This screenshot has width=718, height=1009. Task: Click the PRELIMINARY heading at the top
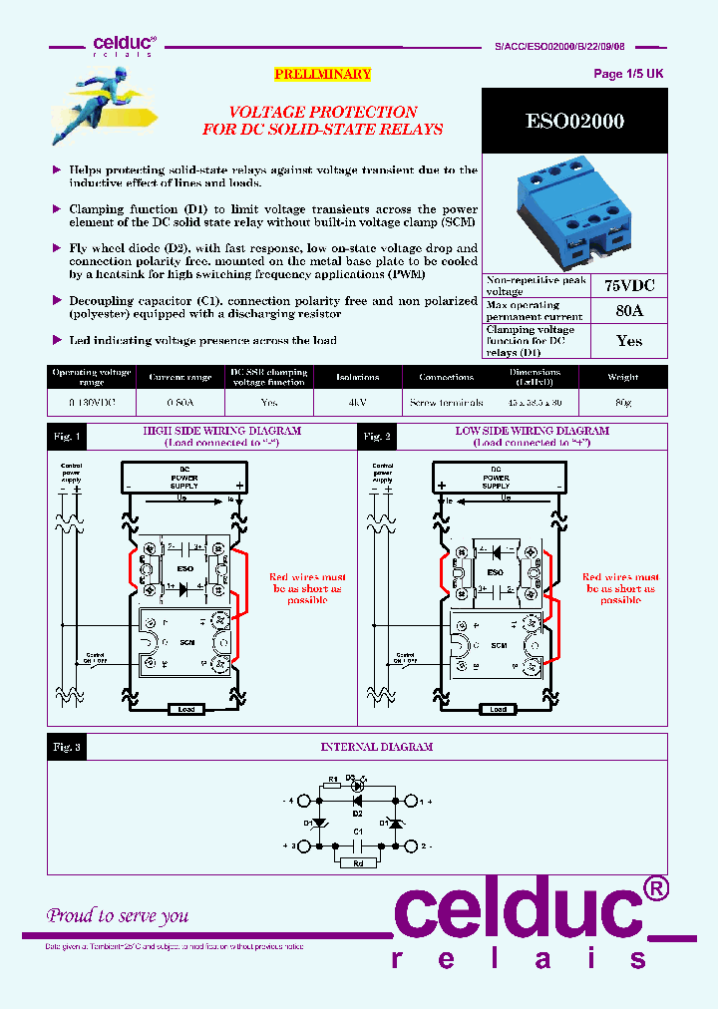[322, 75]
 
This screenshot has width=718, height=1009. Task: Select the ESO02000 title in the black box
[574, 122]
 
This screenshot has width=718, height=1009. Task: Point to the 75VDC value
[629, 285]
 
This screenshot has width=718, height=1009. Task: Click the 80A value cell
[629, 311]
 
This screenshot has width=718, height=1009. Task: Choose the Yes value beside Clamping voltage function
[629, 341]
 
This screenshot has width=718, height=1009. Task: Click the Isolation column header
[357, 378]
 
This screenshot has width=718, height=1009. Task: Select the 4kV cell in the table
[357, 403]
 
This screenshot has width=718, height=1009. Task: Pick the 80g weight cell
[622, 403]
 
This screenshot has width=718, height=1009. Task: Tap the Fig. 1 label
[66, 437]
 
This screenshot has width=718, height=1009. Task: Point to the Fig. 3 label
[66, 747]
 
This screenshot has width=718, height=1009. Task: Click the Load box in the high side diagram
[186, 710]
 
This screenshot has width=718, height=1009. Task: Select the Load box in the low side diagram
[498, 710]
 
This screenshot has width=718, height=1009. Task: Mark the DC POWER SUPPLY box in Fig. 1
[185, 478]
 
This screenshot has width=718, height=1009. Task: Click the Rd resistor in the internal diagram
[357, 864]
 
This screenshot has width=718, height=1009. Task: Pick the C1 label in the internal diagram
[356, 831]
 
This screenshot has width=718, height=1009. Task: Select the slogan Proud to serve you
[118, 915]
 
